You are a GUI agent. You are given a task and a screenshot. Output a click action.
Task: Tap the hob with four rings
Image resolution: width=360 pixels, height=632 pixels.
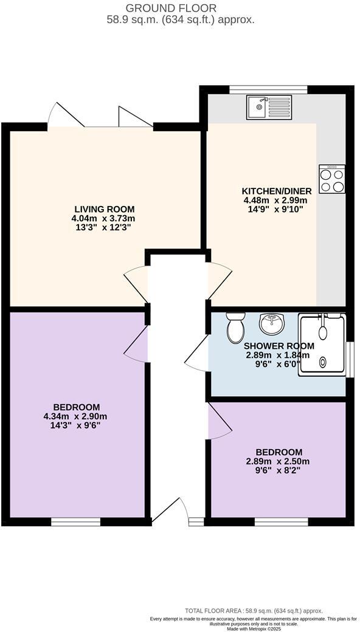pyautogui.click(x=331, y=179)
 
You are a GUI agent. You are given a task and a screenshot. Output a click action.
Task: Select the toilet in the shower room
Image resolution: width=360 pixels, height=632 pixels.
pyautogui.click(x=235, y=328)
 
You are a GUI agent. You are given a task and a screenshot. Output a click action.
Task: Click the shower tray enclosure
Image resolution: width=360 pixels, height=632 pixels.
pyautogui.click(x=322, y=344)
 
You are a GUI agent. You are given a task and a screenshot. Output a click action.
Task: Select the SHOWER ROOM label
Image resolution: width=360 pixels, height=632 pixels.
pyautogui.click(x=277, y=346)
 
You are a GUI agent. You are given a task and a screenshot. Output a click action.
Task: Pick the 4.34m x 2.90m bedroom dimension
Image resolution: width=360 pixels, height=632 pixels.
pyautogui.click(x=77, y=416)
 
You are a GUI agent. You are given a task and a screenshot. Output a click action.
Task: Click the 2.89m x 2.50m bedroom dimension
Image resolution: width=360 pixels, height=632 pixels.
pyautogui.click(x=279, y=461)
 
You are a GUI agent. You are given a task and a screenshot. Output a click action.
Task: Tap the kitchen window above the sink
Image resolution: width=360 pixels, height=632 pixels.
pyautogui.click(x=268, y=89)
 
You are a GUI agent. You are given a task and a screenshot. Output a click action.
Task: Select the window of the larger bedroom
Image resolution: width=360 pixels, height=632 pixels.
pyautogui.click(x=75, y=521)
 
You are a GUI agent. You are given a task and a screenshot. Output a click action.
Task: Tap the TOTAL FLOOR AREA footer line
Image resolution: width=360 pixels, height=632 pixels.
pyautogui.click(x=254, y=611)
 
